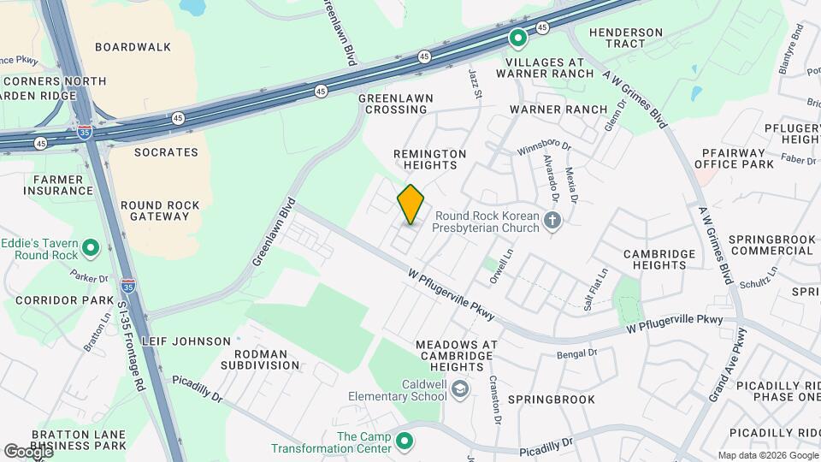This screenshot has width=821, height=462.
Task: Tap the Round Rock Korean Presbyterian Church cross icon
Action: point(552,223)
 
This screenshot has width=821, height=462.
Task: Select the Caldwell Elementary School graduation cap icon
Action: point(460,390)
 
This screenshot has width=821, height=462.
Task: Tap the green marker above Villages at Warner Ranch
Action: point(517,38)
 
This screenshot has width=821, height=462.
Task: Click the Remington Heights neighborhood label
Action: point(430,160)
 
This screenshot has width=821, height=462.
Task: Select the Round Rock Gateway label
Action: point(160,210)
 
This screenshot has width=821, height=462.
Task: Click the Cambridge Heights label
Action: point(659,259)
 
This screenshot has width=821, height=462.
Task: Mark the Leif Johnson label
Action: point(186,341)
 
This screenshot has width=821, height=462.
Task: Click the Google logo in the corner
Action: point(28,451)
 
